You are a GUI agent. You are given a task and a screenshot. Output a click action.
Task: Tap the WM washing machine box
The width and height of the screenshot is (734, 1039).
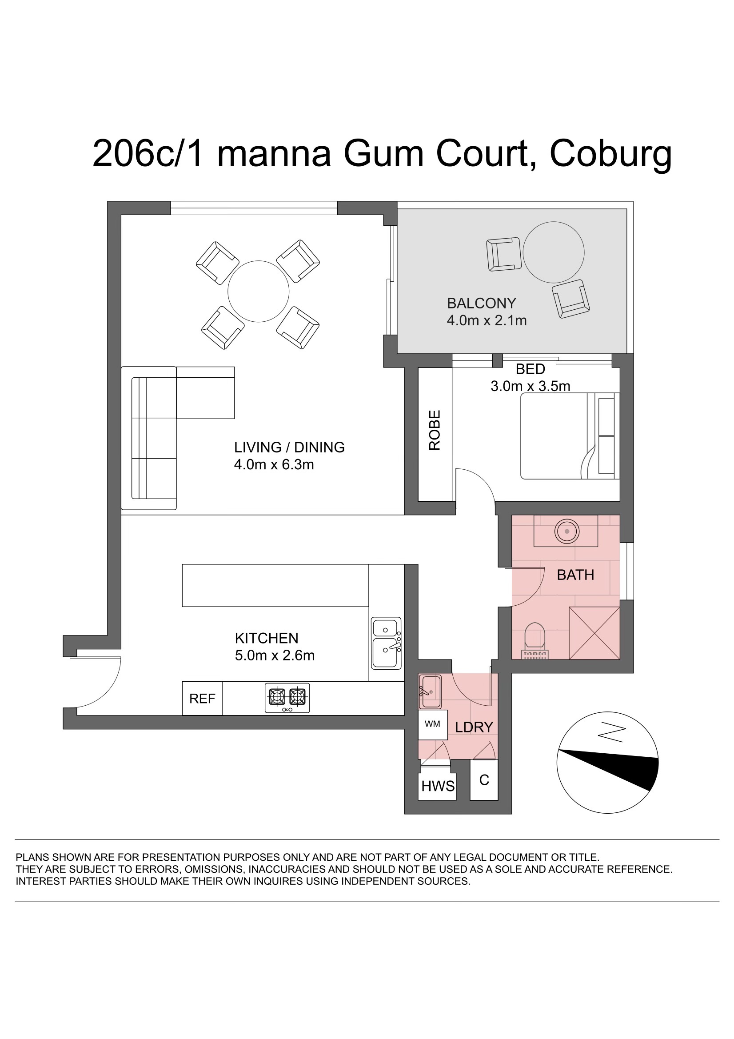pos(433,724)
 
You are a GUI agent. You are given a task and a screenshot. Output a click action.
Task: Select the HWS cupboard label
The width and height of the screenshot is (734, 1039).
pos(438,786)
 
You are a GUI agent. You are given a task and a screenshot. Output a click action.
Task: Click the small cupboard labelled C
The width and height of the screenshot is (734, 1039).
pos(484,780)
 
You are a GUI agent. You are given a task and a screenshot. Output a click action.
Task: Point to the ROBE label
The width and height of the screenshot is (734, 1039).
pos(435,430)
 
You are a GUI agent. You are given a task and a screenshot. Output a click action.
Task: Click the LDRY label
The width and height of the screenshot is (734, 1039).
pos(474,727)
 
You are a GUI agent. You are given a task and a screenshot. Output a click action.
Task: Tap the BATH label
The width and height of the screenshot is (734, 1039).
pos(575,575)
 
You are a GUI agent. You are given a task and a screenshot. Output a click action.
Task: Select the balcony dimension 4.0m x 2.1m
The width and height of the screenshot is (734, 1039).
pos(487,320)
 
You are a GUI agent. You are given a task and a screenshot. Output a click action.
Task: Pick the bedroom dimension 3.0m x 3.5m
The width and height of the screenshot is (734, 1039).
pos(531,386)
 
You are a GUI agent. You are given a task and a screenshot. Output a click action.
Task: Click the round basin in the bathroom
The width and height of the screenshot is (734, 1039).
pos(566,531)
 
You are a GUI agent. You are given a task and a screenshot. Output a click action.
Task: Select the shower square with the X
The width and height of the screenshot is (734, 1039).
pos(594,633)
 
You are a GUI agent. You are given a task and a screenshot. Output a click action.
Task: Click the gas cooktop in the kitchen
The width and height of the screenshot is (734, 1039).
pos(287,698)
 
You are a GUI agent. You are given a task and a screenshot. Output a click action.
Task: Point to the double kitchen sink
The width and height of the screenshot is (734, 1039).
pos(387,643)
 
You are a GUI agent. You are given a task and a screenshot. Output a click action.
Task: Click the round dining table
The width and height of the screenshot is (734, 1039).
pos(259,292)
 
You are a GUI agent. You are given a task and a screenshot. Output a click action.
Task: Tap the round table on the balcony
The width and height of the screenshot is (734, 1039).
pos(554,252)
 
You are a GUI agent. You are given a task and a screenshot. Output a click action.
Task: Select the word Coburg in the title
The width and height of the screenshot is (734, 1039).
pos(610,155)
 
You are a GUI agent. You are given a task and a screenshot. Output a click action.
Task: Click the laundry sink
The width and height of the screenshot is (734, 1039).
pos(430,692)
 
